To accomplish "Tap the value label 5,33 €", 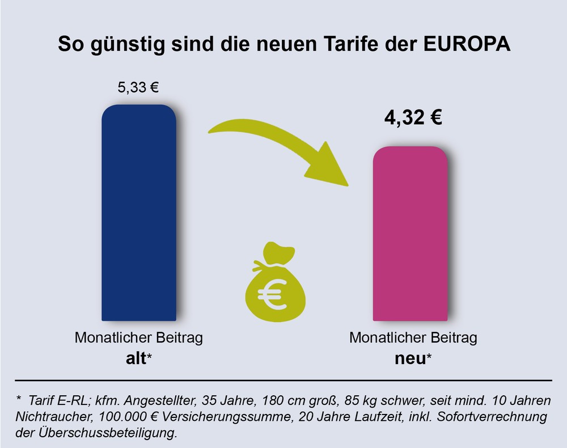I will [138, 88].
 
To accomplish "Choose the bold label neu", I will [409, 358].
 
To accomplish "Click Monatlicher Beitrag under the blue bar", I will [139, 339].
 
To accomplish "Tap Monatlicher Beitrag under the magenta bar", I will [413, 339].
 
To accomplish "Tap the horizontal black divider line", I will [283, 380].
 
